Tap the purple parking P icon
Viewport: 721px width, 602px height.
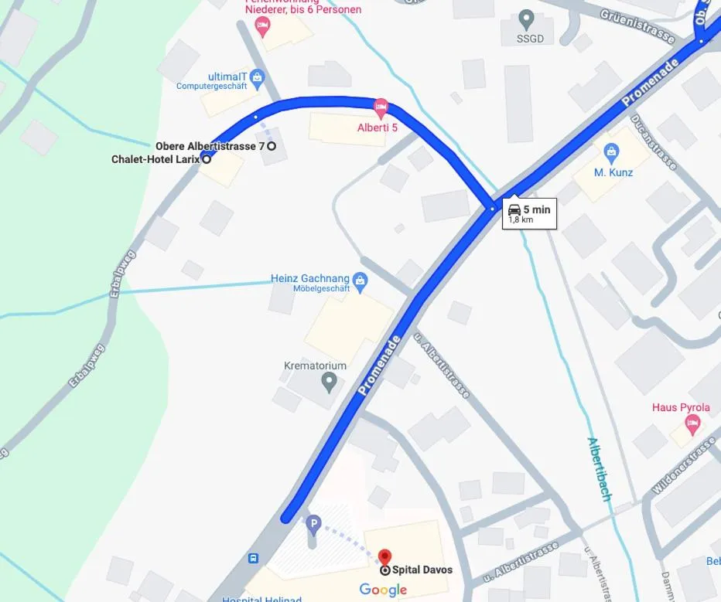(x=313, y=526)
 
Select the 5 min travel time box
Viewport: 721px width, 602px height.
(x=529, y=213)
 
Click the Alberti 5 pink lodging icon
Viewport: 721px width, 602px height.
(x=380, y=106)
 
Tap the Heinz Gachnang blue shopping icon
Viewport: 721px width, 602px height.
(x=359, y=279)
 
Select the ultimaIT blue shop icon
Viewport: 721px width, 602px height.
(x=258, y=76)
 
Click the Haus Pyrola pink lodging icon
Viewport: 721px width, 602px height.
(x=692, y=423)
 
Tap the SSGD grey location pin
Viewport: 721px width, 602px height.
(x=527, y=18)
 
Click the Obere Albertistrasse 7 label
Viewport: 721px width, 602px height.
(x=210, y=145)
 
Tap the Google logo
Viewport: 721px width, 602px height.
(x=383, y=590)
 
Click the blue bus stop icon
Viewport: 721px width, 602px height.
(x=253, y=558)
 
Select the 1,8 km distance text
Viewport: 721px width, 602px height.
(x=521, y=220)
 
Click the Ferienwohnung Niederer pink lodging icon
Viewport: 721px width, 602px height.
(x=262, y=27)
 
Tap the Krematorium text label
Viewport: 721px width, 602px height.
(x=315, y=366)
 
